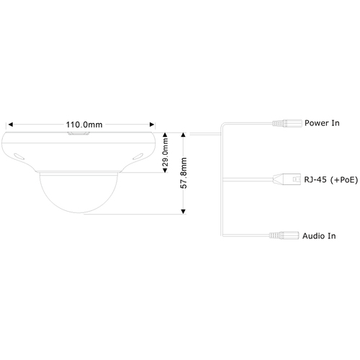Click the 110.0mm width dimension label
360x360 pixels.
pyautogui.click(x=84, y=125)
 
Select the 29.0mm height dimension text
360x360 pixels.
pyautogui.click(x=166, y=153)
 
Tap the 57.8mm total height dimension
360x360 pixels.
pyautogui.click(x=184, y=173)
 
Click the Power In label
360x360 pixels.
pyautogui.click(x=322, y=123)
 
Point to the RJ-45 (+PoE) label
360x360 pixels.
pyautogui.click(x=331, y=179)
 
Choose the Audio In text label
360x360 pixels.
pyautogui.click(x=319, y=236)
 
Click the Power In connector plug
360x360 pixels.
pyautogui.click(x=287, y=123)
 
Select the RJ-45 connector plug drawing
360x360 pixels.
pyautogui.click(x=287, y=179)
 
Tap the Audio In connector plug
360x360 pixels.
pyautogui.click(x=284, y=235)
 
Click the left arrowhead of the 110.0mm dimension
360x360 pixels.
pyautogui.click(x=11, y=125)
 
